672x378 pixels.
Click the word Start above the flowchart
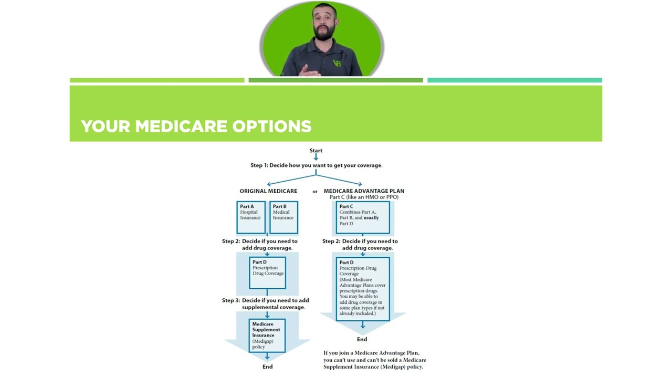tap(316, 151)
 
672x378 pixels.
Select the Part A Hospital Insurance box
tap(250, 217)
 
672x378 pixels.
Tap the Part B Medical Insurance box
tap(283, 217)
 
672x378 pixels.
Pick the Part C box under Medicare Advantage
tap(362, 217)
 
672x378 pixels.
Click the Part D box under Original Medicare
tap(267, 272)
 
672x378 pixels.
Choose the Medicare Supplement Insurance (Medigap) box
tap(267, 335)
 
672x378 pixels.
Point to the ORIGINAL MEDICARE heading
tap(268, 191)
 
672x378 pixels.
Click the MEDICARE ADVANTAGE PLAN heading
tap(364, 191)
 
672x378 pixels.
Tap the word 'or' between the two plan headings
tap(315, 192)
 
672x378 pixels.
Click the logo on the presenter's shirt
tap(337, 64)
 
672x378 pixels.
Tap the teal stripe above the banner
tap(514, 80)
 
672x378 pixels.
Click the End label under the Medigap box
tap(267, 366)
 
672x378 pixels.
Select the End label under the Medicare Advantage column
tap(362, 339)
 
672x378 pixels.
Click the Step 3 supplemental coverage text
tap(266, 303)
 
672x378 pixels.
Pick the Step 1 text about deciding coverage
tap(316, 165)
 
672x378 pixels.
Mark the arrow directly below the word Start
tap(316, 157)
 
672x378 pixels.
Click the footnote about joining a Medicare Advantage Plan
tap(374, 360)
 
